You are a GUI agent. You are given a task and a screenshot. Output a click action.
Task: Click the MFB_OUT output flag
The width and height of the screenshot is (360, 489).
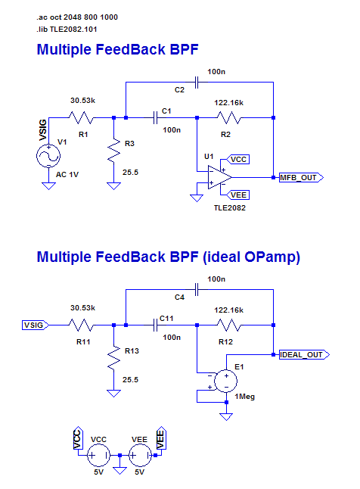301,177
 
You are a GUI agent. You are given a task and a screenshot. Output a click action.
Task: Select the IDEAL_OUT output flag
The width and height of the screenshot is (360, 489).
304,354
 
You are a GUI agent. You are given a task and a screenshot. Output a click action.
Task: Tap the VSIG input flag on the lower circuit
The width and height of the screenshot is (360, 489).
36,325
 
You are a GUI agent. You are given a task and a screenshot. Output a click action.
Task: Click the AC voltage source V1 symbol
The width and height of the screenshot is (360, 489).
48,156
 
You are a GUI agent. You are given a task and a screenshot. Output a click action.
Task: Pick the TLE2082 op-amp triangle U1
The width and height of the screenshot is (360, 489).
219,177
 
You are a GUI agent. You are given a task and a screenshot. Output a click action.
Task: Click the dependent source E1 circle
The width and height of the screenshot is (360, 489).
226,381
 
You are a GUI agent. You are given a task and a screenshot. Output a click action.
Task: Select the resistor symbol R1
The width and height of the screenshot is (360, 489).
81,117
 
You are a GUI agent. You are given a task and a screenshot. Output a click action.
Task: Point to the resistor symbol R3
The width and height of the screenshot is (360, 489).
113,151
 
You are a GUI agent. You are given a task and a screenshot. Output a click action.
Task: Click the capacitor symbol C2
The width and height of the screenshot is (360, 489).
197,83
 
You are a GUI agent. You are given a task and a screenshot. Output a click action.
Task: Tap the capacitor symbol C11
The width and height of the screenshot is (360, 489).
155,325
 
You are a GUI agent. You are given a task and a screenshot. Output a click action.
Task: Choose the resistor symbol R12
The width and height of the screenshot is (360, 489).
229,325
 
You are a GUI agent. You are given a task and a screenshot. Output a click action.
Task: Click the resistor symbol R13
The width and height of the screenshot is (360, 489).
113,358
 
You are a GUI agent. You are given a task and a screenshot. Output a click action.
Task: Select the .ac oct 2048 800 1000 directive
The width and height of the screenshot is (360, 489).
77,17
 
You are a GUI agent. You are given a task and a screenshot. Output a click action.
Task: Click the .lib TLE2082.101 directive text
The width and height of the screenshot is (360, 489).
67,30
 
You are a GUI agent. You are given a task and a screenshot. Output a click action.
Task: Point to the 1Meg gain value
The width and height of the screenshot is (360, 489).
245,397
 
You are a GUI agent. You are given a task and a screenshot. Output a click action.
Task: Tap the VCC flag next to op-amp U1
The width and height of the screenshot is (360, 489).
237,160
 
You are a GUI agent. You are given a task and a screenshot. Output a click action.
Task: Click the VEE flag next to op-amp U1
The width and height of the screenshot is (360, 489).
237,195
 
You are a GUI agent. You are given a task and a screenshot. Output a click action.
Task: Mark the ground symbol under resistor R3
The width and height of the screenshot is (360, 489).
113,186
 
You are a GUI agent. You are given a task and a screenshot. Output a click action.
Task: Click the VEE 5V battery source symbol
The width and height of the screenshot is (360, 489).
140,456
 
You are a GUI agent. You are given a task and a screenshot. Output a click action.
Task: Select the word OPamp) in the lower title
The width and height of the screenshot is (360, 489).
272,257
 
